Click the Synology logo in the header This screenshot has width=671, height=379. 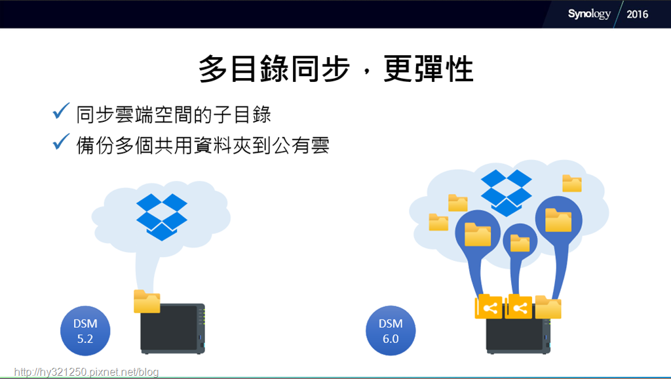(x=589, y=14)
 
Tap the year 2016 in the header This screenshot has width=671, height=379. (x=637, y=14)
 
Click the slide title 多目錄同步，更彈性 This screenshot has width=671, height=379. (x=336, y=68)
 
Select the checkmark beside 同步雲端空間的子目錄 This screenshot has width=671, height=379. (x=61, y=111)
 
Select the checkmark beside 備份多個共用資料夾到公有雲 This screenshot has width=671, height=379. (x=61, y=142)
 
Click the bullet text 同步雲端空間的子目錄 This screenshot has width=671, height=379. (x=174, y=114)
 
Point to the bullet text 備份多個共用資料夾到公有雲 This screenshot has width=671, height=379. (x=203, y=145)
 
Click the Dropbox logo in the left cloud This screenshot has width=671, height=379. (x=162, y=216)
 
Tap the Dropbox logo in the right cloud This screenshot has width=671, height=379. (x=507, y=193)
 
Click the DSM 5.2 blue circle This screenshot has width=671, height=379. (x=85, y=330)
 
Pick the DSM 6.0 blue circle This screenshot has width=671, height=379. (x=391, y=330)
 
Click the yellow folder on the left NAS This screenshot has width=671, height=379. (x=147, y=301)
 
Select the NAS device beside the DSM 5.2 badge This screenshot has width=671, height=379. (x=173, y=329)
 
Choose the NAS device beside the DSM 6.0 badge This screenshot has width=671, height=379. (x=518, y=334)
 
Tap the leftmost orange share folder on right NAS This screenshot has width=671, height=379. (x=489, y=306)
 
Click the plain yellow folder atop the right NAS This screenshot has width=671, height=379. (x=548, y=307)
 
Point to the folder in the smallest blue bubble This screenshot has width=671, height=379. (x=520, y=243)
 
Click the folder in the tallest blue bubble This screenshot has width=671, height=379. (x=558, y=220)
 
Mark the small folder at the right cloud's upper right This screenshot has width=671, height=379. (x=571, y=184)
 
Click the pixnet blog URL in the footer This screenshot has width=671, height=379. (x=86, y=372)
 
